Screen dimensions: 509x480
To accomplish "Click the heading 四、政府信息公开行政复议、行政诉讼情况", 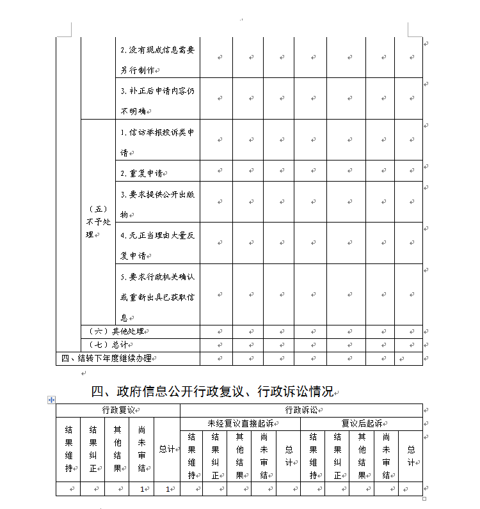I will tap(211, 391).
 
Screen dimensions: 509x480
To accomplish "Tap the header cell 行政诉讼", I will tap(300, 410).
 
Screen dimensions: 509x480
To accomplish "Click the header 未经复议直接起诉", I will tap(240, 423).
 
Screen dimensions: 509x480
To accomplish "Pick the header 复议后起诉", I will tap(362, 423).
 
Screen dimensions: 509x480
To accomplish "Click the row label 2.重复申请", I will tap(142, 173).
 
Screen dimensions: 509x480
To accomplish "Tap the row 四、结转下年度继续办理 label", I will tap(106, 358).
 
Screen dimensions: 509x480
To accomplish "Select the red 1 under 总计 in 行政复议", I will tap(168, 489).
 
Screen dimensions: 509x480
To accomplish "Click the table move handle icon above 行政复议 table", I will tap(51, 400).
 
